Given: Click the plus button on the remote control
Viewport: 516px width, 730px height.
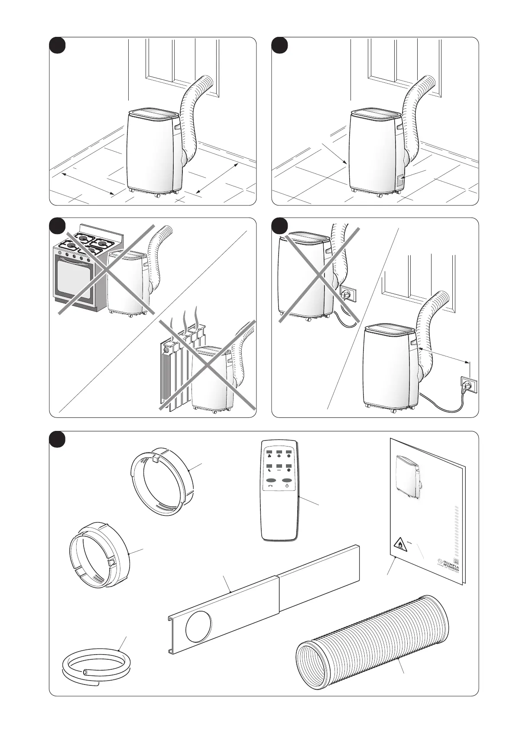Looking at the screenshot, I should click(279, 456).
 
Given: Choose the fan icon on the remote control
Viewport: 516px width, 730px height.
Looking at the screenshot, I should click(269, 456).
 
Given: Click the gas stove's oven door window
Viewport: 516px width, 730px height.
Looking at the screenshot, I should click(74, 278).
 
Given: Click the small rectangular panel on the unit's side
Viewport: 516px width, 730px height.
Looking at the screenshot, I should click(400, 181).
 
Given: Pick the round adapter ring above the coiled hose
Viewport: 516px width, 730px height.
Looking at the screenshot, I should click(100, 550).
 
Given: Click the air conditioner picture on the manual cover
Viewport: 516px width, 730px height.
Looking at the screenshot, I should click(409, 476).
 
